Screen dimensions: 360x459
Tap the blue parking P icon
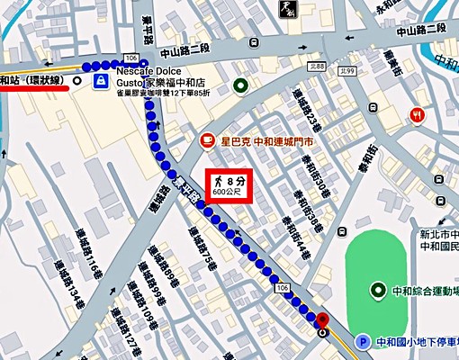point(362,342)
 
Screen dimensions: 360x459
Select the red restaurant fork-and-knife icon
point(417,115)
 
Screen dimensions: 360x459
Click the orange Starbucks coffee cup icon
point(206,142)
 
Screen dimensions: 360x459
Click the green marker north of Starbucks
point(240,86)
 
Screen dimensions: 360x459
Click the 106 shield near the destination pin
point(283,285)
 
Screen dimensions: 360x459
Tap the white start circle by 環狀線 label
point(77,81)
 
